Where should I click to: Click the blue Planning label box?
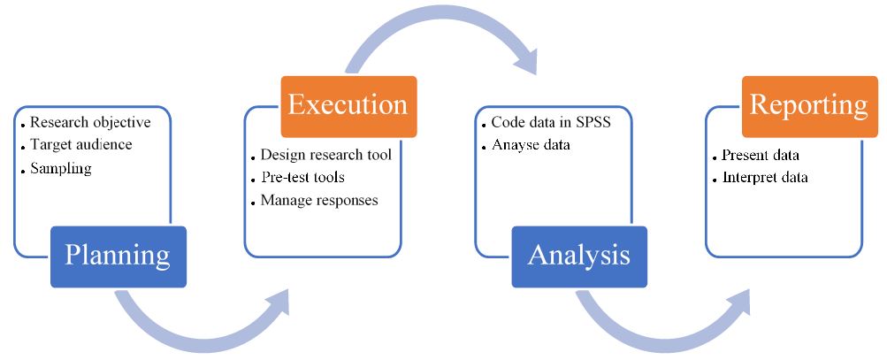[x=119, y=257]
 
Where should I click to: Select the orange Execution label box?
[x=349, y=106]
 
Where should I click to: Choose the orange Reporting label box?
[x=810, y=106]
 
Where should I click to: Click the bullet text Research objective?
[x=90, y=122]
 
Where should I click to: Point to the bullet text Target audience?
[x=80, y=144]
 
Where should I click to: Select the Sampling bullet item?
[x=60, y=169]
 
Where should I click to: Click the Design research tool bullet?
[x=325, y=155]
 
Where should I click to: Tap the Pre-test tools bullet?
[x=302, y=177]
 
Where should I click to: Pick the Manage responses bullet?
[x=319, y=201]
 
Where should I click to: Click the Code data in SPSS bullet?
[x=551, y=122]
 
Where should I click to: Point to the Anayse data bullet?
[x=531, y=145]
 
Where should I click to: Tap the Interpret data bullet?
[x=765, y=178]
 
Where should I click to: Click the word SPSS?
[x=593, y=122]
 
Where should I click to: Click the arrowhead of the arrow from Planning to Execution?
[x=276, y=303]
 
